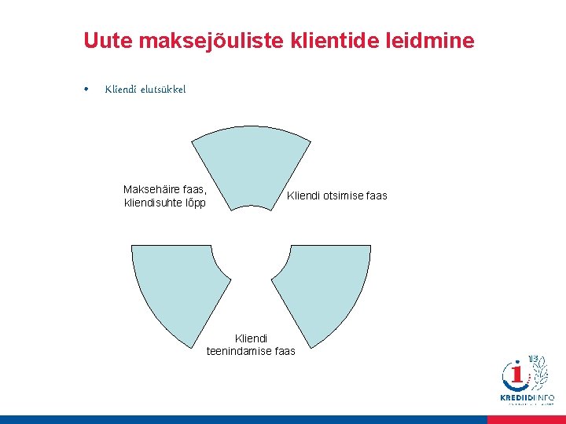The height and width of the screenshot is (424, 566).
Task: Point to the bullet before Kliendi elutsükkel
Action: [x=86, y=89]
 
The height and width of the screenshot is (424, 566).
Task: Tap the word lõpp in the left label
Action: [x=195, y=203]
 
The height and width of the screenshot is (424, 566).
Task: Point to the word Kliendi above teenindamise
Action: [x=251, y=338]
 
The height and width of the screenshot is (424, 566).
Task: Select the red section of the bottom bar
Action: [x=526, y=419]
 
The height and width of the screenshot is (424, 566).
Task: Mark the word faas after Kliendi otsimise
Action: [x=377, y=196]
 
